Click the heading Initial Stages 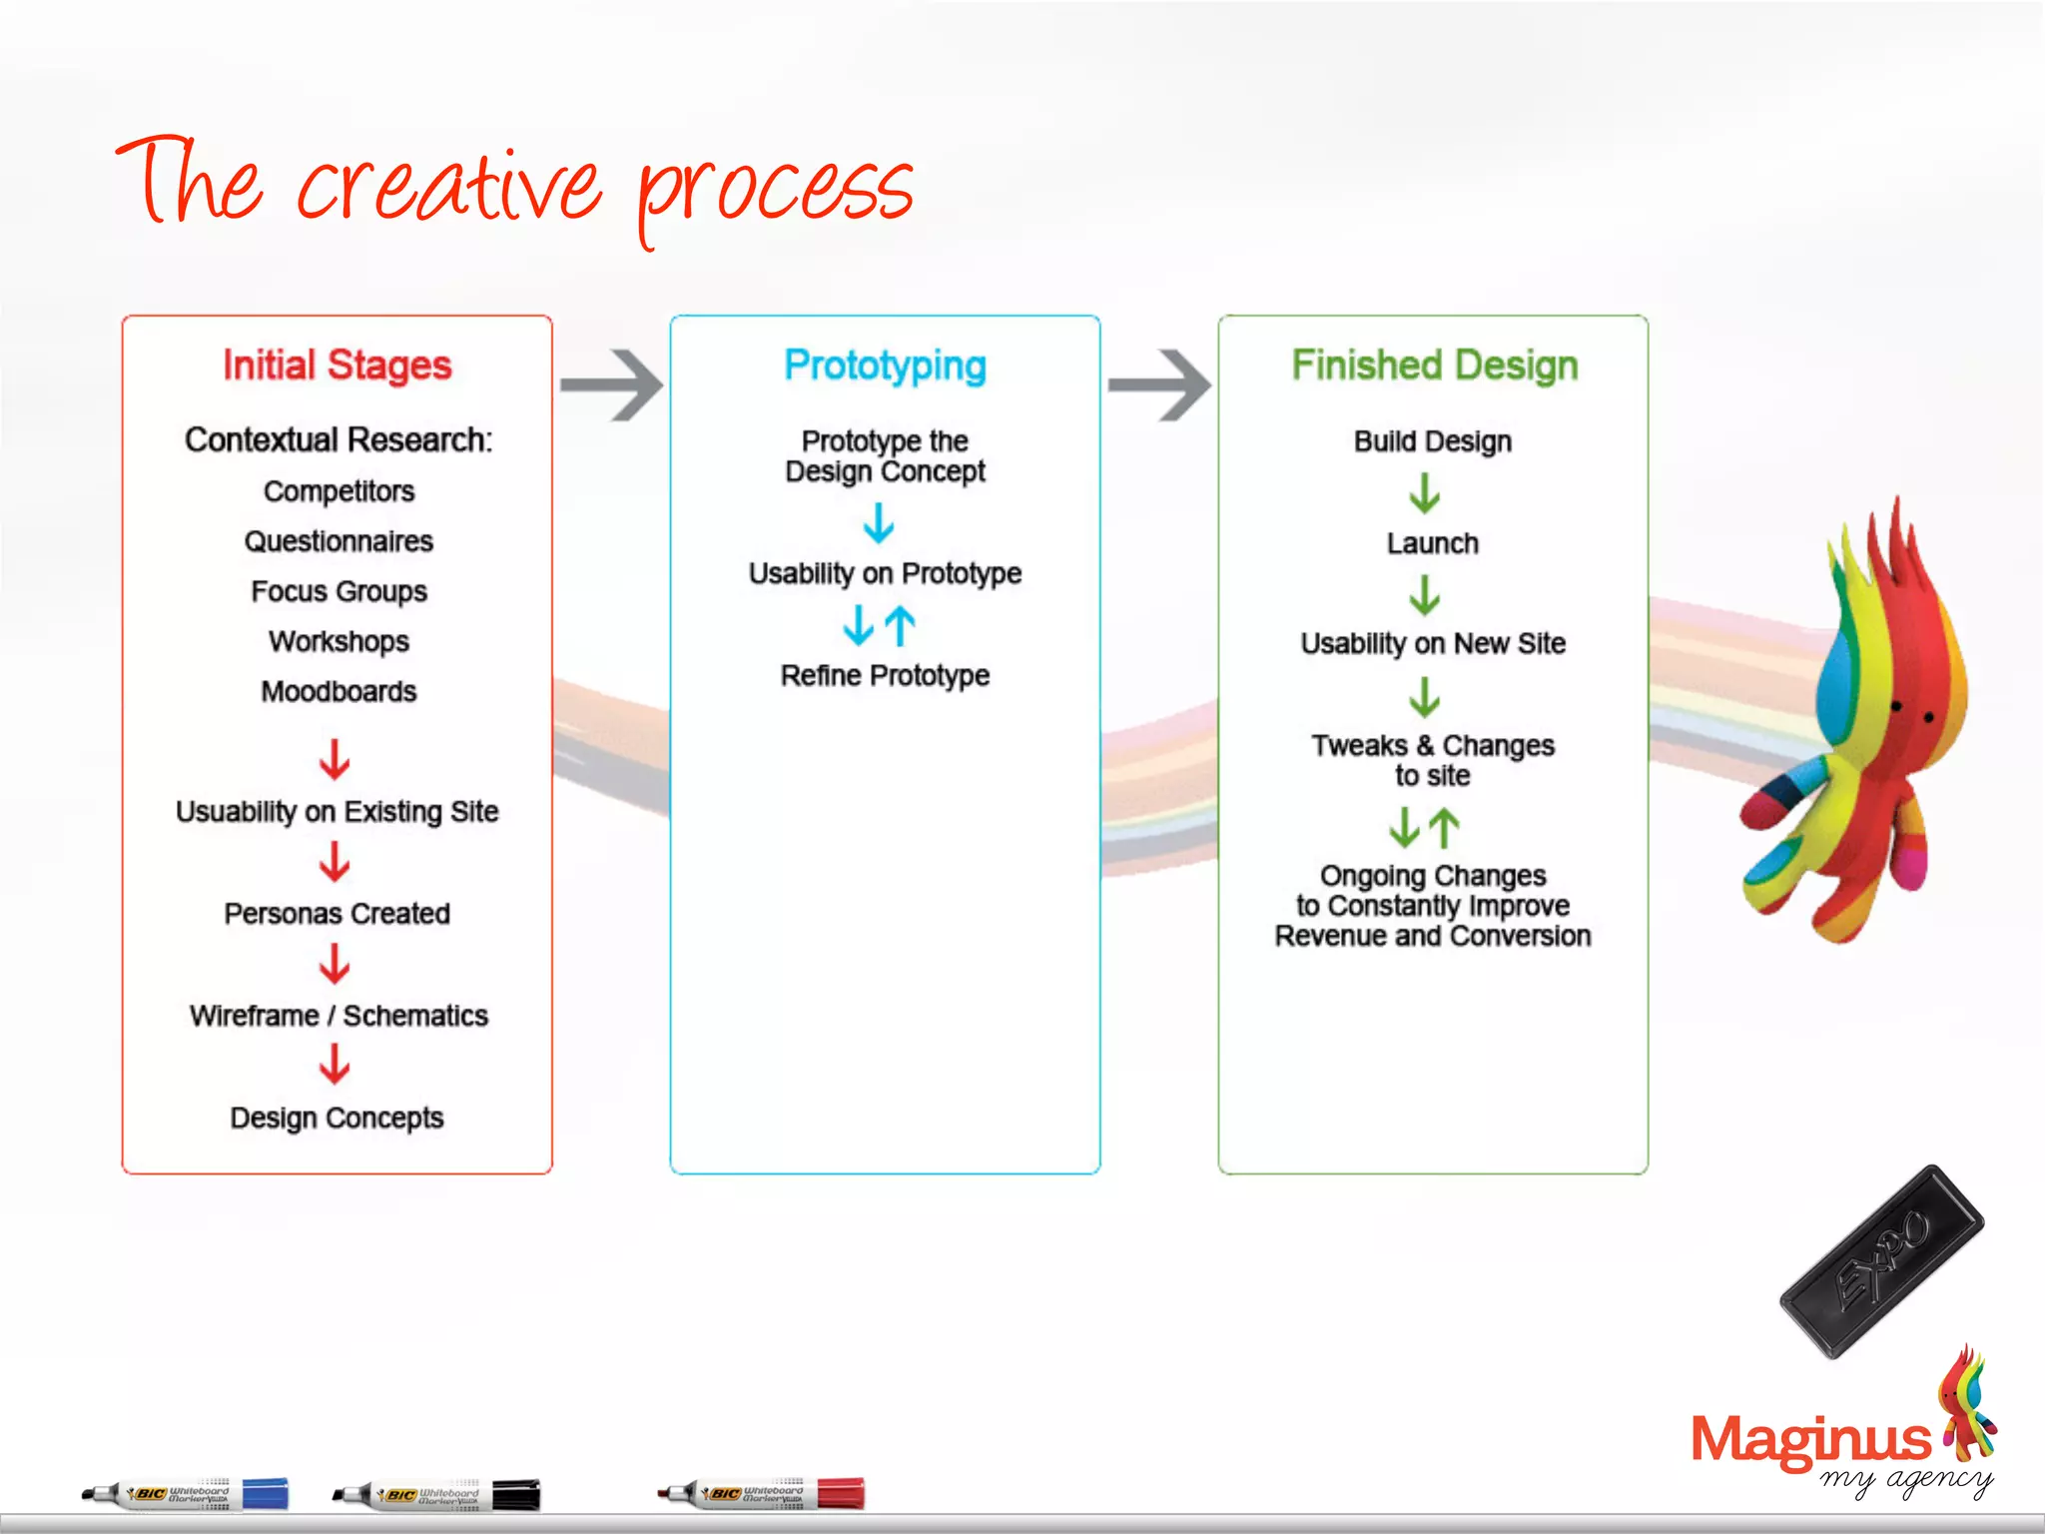click(x=337, y=366)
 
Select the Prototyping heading click(x=885, y=366)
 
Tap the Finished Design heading click(x=1434, y=366)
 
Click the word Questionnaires click(x=339, y=541)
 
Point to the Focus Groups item click(x=339, y=591)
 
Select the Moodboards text click(x=339, y=691)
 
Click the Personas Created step click(x=337, y=914)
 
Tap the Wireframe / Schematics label click(x=339, y=1016)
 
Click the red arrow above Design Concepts click(x=335, y=1065)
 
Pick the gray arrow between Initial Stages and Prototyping click(x=611, y=385)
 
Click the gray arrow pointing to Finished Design click(x=1159, y=385)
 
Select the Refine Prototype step click(x=885, y=676)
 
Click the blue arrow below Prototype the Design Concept click(x=879, y=522)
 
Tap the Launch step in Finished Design click(x=1432, y=543)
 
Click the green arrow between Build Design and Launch click(x=1425, y=492)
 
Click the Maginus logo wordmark click(x=1810, y=1440)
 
